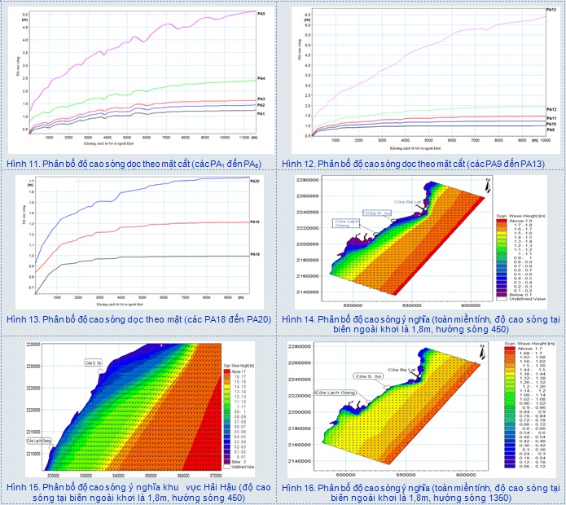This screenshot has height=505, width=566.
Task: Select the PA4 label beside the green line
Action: pos(261,78)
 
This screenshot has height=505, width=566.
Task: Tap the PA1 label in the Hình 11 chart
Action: pos(261,114)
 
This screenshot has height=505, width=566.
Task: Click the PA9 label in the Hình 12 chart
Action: pos(551,130)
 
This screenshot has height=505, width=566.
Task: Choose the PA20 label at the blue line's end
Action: pos(254,181)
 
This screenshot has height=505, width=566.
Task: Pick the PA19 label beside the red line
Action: pos(254,222)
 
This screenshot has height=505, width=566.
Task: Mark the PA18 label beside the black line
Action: pos(254,255)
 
